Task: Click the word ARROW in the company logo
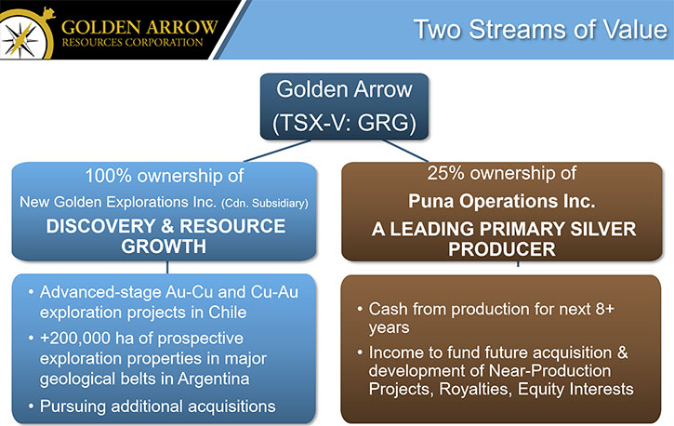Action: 180,28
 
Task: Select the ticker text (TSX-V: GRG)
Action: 344,123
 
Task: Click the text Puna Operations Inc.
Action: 502,201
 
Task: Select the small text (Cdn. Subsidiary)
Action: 265,203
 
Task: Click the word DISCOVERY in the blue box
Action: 101,226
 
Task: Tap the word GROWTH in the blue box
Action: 164,246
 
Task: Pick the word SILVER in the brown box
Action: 603,229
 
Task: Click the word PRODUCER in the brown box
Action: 502,249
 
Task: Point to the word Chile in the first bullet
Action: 228,313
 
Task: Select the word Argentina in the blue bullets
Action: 213,379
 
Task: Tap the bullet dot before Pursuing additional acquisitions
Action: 31,406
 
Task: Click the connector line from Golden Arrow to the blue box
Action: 277,151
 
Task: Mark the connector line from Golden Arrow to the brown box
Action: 405,151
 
